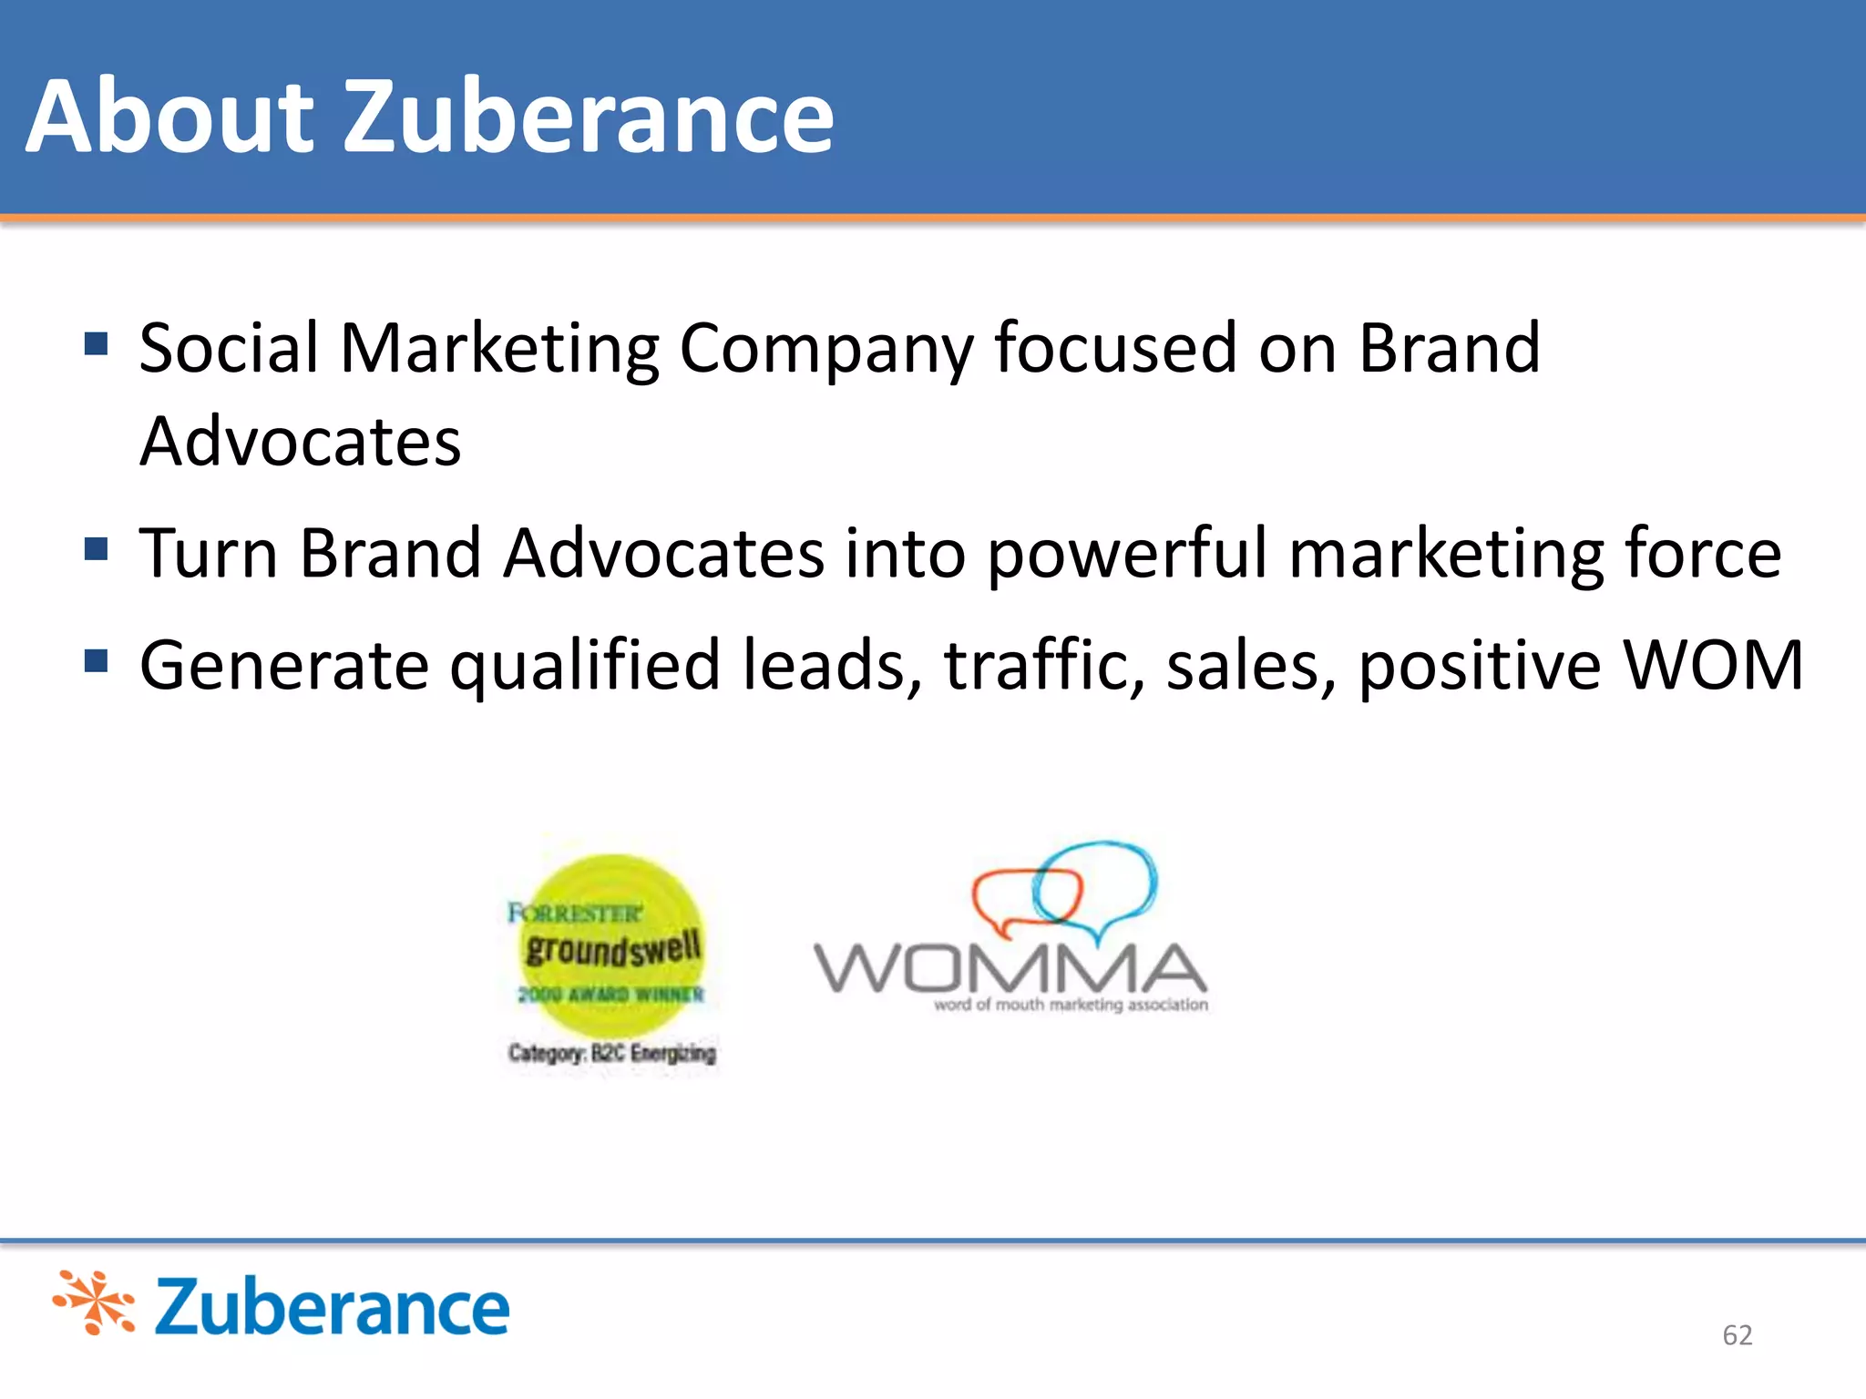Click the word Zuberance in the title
588,117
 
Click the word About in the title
170,117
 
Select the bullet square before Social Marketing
96,343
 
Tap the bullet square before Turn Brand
96,548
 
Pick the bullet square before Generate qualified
96,660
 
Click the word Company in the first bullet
825,350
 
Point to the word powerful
1126,554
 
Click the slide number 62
1737,1335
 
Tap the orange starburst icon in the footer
95,1302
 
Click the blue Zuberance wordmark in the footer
332,1307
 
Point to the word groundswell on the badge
613,949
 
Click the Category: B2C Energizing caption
612,1053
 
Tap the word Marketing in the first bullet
499,350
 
